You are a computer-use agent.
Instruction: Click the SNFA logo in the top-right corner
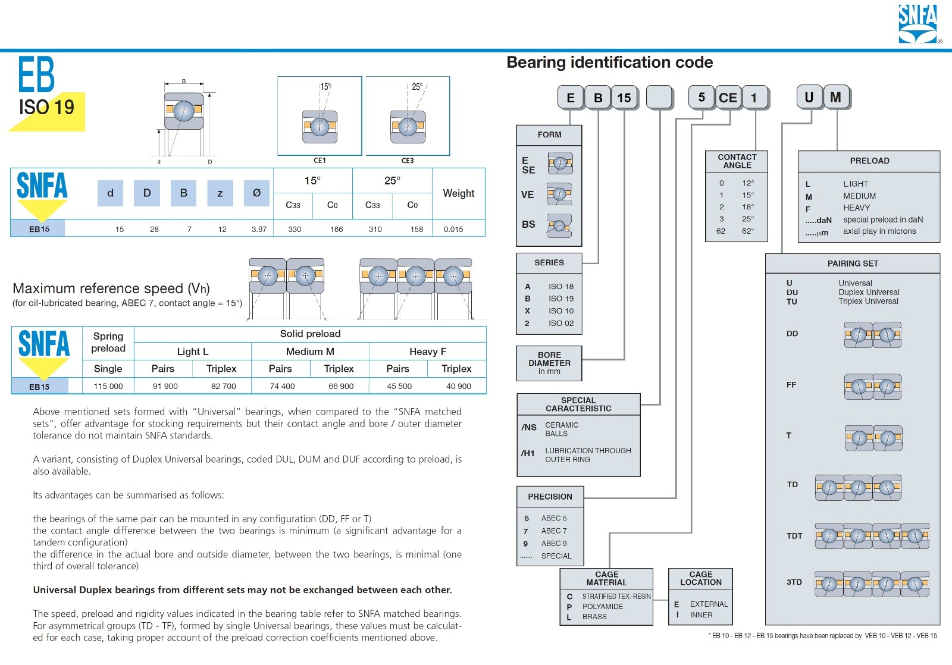[x=918, y=24]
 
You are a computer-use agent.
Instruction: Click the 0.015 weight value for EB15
[x=453, y=229]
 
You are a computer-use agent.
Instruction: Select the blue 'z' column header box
[x=220, y=193]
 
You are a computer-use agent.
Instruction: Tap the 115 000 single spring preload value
[x=108, y=386]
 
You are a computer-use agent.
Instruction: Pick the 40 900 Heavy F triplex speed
[x=459, y=386]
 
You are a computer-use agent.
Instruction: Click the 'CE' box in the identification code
[x=728, y=98]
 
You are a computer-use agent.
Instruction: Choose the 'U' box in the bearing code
[x=809, y=97]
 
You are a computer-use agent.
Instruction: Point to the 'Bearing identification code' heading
[x=609, y=62]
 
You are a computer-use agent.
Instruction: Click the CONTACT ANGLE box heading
[x=737, y=161]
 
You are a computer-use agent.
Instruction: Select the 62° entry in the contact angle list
[x=747, y=231]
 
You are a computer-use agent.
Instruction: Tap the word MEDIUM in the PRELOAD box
[x=859, y=196]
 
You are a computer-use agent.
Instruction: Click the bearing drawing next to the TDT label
[x=872, y=536]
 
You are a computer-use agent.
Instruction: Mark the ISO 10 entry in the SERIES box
[x=561, y=310]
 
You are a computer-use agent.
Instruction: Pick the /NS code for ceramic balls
[x=529, y=427]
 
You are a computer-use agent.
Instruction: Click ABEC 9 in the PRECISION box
[x=554, y=543]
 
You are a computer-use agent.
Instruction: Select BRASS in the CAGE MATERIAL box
[x=594, y=617]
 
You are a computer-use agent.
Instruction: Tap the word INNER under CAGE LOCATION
[x=701, y=615]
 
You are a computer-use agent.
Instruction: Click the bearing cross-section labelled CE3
[x=408, y=127]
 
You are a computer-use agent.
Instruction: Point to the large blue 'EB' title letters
[x=36, y=74]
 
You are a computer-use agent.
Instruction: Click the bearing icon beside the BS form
[x=559, y=225]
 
